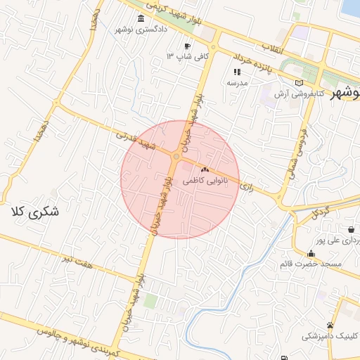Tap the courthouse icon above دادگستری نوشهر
pos(142,18)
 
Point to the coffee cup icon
pos(187,46)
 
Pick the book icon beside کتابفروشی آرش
pos(300,83)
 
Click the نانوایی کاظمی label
pos(205,181)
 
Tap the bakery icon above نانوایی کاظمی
pos(205,170)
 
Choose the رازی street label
pos(246,188)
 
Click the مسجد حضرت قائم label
pos(310,264)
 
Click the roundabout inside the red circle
pos(175,156)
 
